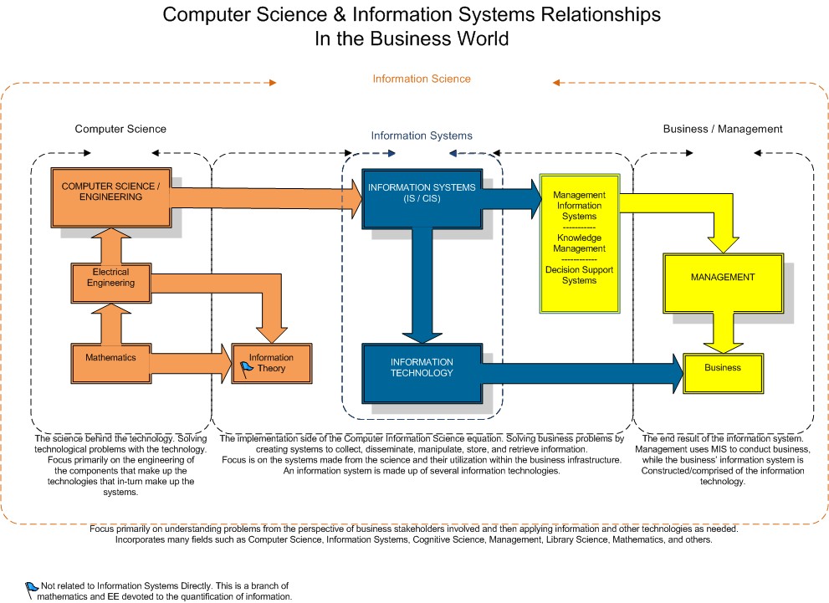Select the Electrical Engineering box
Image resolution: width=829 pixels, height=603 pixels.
110,283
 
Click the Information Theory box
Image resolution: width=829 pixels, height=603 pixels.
271,363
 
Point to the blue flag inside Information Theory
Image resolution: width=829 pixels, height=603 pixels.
247,367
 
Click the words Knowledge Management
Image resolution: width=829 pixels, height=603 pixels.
580,243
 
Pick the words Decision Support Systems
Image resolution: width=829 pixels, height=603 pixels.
580,275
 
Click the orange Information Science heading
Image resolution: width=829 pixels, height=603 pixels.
422,79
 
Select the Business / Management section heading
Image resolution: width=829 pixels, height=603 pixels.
723,129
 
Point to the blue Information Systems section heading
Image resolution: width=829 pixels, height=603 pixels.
422,135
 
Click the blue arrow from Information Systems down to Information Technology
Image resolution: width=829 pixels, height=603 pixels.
422,284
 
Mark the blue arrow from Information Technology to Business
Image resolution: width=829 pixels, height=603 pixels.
586,371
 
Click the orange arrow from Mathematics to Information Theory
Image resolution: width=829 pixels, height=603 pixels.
188,363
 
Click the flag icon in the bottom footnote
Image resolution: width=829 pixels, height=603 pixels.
32,587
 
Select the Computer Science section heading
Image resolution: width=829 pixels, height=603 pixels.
120,129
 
